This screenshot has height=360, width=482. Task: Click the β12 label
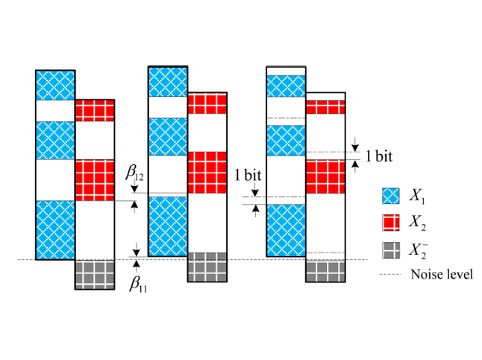pos(134,175)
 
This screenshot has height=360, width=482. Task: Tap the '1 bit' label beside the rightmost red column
pos(378,156)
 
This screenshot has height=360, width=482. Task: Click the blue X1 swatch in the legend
pos(390,197)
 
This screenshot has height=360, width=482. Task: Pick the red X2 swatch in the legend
pos(390,223)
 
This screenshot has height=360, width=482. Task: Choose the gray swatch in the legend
pos(390,249)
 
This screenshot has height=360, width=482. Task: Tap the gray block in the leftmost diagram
pos(95,274)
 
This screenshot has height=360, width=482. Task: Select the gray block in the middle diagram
pos(207,267)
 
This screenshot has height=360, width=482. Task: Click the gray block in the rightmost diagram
pos(326,270)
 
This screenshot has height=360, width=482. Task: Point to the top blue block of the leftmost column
pos(55,85)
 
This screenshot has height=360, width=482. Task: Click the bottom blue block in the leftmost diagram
pos(55,229)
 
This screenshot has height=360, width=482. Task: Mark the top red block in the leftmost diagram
pos(95,110)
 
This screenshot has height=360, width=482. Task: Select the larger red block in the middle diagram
pos(207,172)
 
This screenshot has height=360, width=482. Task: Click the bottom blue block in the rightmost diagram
pos(287,230)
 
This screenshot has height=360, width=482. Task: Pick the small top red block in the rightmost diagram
pos(326,107)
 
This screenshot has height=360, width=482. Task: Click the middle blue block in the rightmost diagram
pos(287,140)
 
